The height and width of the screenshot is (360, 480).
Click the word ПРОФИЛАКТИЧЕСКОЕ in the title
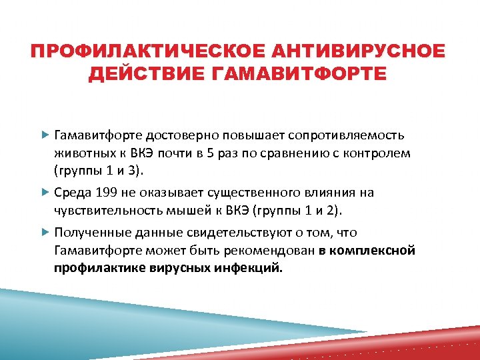(x=139, y=52)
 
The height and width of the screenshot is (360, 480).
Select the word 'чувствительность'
(x=102, y=211)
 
